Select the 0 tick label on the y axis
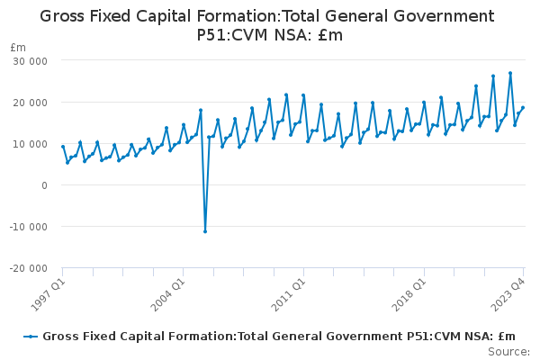tap(43, 184)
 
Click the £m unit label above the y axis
tap(17, 47)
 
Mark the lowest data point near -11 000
tap(205, 231)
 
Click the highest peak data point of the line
tap(510, 73)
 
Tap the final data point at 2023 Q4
tap(523, 108)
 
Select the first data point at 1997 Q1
tap(63, 147)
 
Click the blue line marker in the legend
tap(31, 336)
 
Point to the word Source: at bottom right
tap(509, 351)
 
